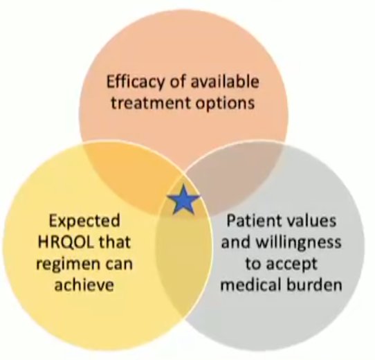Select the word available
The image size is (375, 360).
pos(225,82)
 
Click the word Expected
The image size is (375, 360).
pos(84,222)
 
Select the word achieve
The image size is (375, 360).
pos(84,285)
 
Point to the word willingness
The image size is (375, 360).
pos(299,243)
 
